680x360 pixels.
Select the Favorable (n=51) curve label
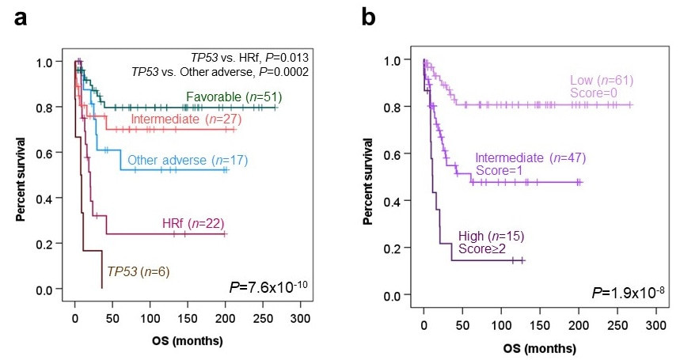pyautogui.click(x=235, y=97)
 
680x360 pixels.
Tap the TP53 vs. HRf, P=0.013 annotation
pyautogui.click(x=249, y=58)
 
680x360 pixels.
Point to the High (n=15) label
pyautogui.click(x=491, y=236)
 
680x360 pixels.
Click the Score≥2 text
pyautogui.click(x=481, y=249)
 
